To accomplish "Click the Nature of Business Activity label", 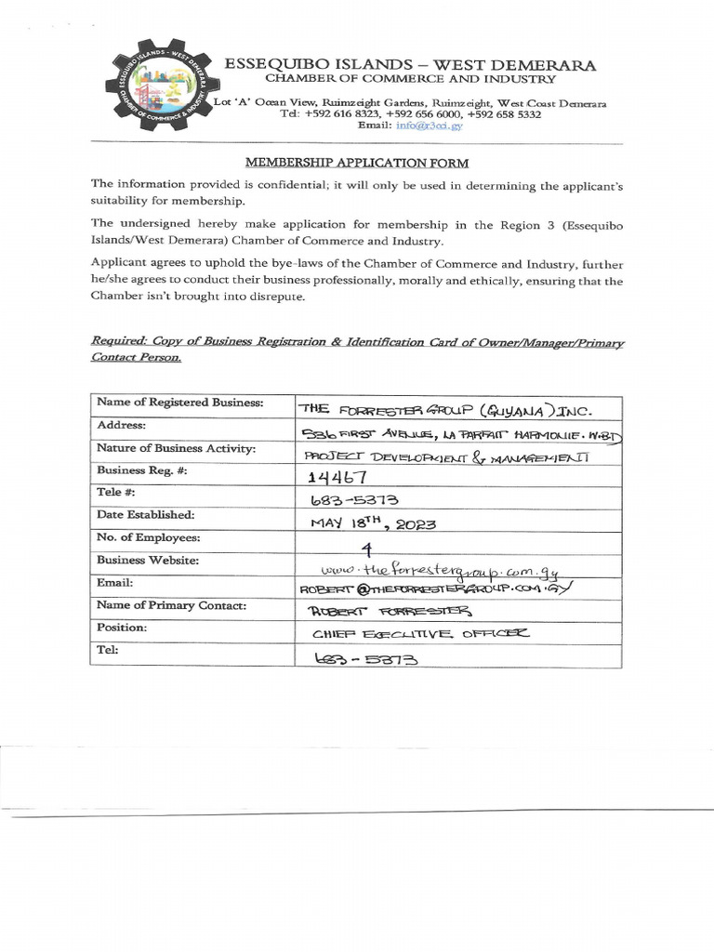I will [x=176, y=448].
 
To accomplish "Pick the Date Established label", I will [x=145, y=514].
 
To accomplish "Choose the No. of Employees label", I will [x=148, y=537].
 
